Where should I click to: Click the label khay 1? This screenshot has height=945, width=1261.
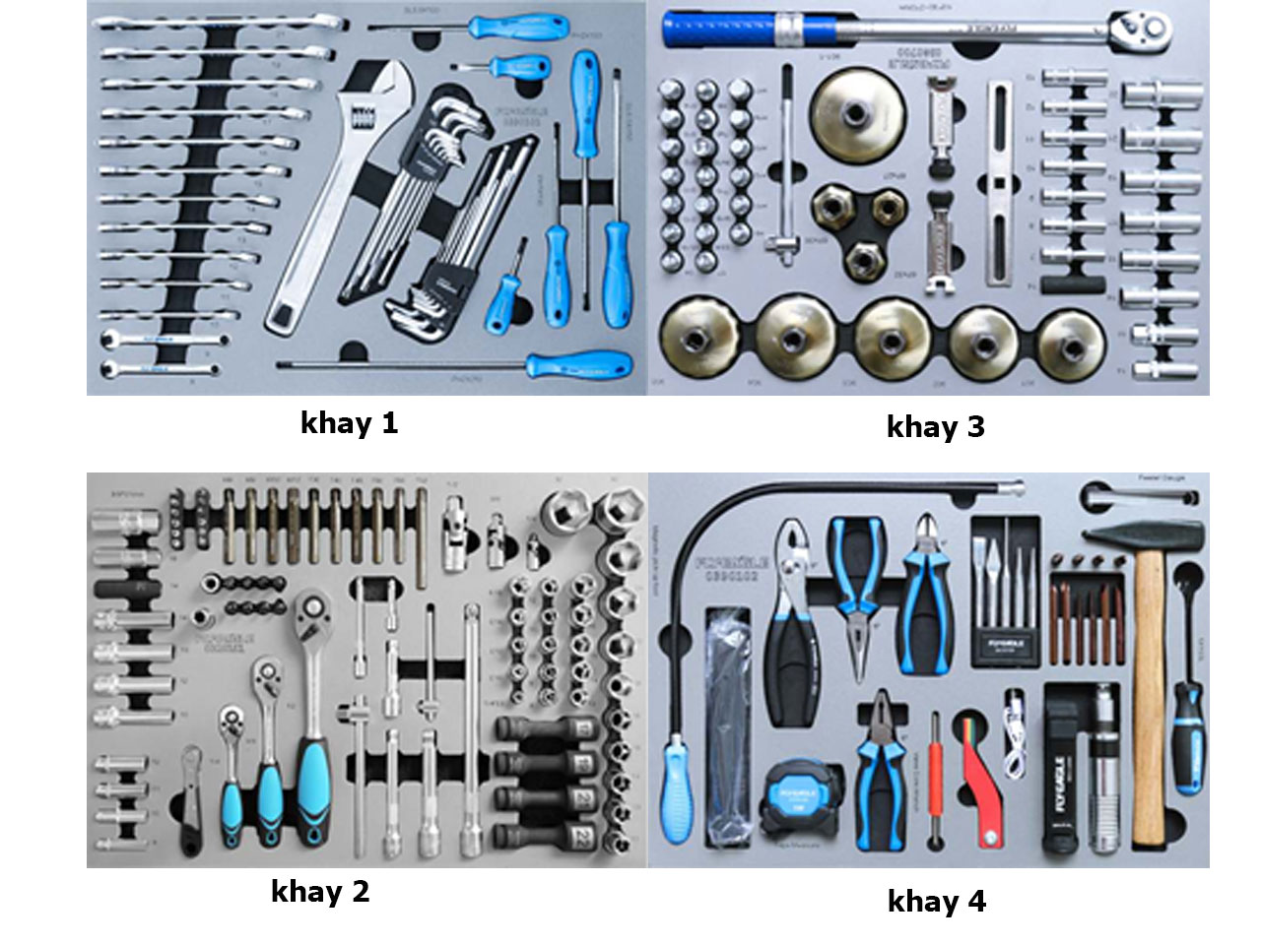(x=349, y=423)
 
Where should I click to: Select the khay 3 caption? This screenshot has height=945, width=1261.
(x=935, y=426)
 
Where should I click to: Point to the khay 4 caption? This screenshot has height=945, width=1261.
(x=936, y=901)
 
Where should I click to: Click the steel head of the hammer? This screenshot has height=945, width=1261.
(x=1143, y=537)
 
